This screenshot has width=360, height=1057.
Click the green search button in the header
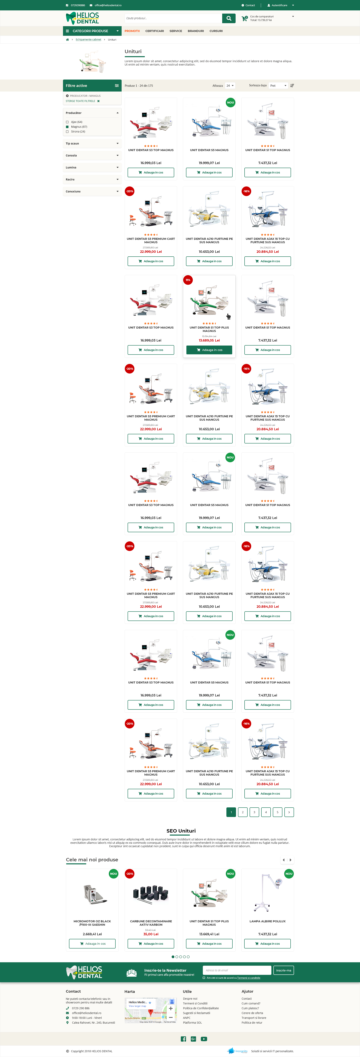click(229, 18)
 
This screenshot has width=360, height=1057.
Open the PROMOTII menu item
click(132, 31)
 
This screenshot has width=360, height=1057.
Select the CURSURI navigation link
click(216, 31)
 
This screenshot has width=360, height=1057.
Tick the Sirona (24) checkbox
click(67, 132)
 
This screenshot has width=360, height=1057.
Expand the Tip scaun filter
click(92, 144)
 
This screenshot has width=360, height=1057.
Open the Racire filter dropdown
click(92, 179)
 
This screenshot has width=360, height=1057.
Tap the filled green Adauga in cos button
click(209, 350)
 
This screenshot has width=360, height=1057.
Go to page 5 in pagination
click(277, 812)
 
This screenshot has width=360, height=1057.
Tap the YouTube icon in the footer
click(204, 1039)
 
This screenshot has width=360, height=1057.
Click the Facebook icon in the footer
click(183, 1039)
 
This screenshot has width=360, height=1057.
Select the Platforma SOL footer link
click(193, 1023)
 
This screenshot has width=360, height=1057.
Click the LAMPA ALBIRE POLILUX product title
click(268, 921)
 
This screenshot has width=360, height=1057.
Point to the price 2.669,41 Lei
click(92, 934)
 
